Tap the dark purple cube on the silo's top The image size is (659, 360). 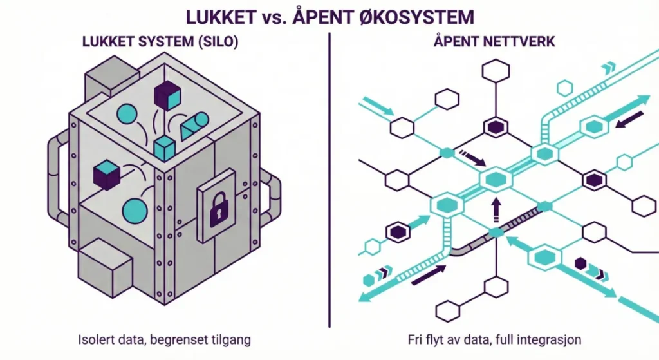[166, 95]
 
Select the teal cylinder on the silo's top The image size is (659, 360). [194, 126]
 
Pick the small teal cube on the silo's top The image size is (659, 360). [165, 148]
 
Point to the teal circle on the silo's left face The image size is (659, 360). [135, 211]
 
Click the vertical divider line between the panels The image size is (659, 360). [329, 180]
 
